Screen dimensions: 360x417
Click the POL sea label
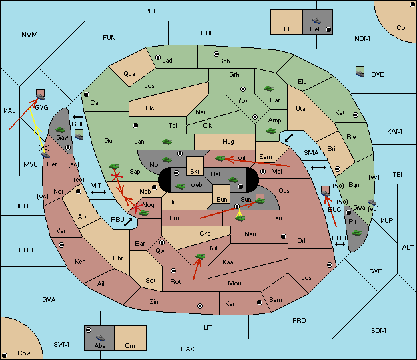pyautogui.click(x=151, y=11)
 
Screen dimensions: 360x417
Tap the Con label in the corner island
pyautogui.click(x=402, y=27)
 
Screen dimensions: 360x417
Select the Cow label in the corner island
pyautogui.click(x=24, y=353)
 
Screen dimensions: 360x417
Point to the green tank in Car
pyautogui.click(x=269, y=88)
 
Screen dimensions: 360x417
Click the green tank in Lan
pyautogui.click(x=166, y=141)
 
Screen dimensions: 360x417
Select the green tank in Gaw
pyautogui.click(x=59, y=129)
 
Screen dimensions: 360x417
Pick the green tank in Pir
pyautogui.click(x=356, y=233)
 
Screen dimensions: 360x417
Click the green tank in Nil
pyautogui.click(x=198, y=256)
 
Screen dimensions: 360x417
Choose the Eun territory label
pyautogui.click(x=222, y=199)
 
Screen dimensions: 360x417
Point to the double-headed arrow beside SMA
pyautogui.click(x=318, y=167)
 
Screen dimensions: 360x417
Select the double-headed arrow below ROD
pyautogui.click(x=339, y=244)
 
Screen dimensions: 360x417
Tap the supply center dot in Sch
pyautogui.click(x=215, y=53)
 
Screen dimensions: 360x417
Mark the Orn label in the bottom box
pyautogui.click(x=129, y=346)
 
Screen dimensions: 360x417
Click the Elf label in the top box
pyautogui.click(x=288, y=29)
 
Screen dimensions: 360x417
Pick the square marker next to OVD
pyautogui.click(x=360, y=70)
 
